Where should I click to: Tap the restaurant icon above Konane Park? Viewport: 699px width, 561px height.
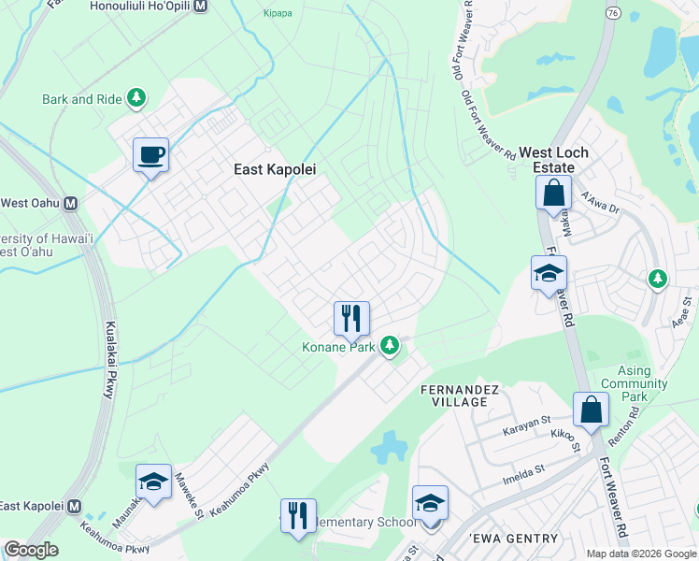351,318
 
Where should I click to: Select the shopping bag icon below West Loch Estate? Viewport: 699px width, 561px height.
553,194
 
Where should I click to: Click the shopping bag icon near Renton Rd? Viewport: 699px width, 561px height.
591,409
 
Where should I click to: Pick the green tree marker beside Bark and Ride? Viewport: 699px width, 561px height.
137,97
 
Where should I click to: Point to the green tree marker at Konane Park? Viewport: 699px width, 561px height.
390,347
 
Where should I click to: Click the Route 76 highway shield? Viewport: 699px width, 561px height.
612,12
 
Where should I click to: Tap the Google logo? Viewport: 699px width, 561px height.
31,550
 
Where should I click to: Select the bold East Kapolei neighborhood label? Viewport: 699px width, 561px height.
274,169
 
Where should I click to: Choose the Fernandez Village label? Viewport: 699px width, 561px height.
454,395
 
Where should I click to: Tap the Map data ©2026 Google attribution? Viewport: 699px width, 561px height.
640,554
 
